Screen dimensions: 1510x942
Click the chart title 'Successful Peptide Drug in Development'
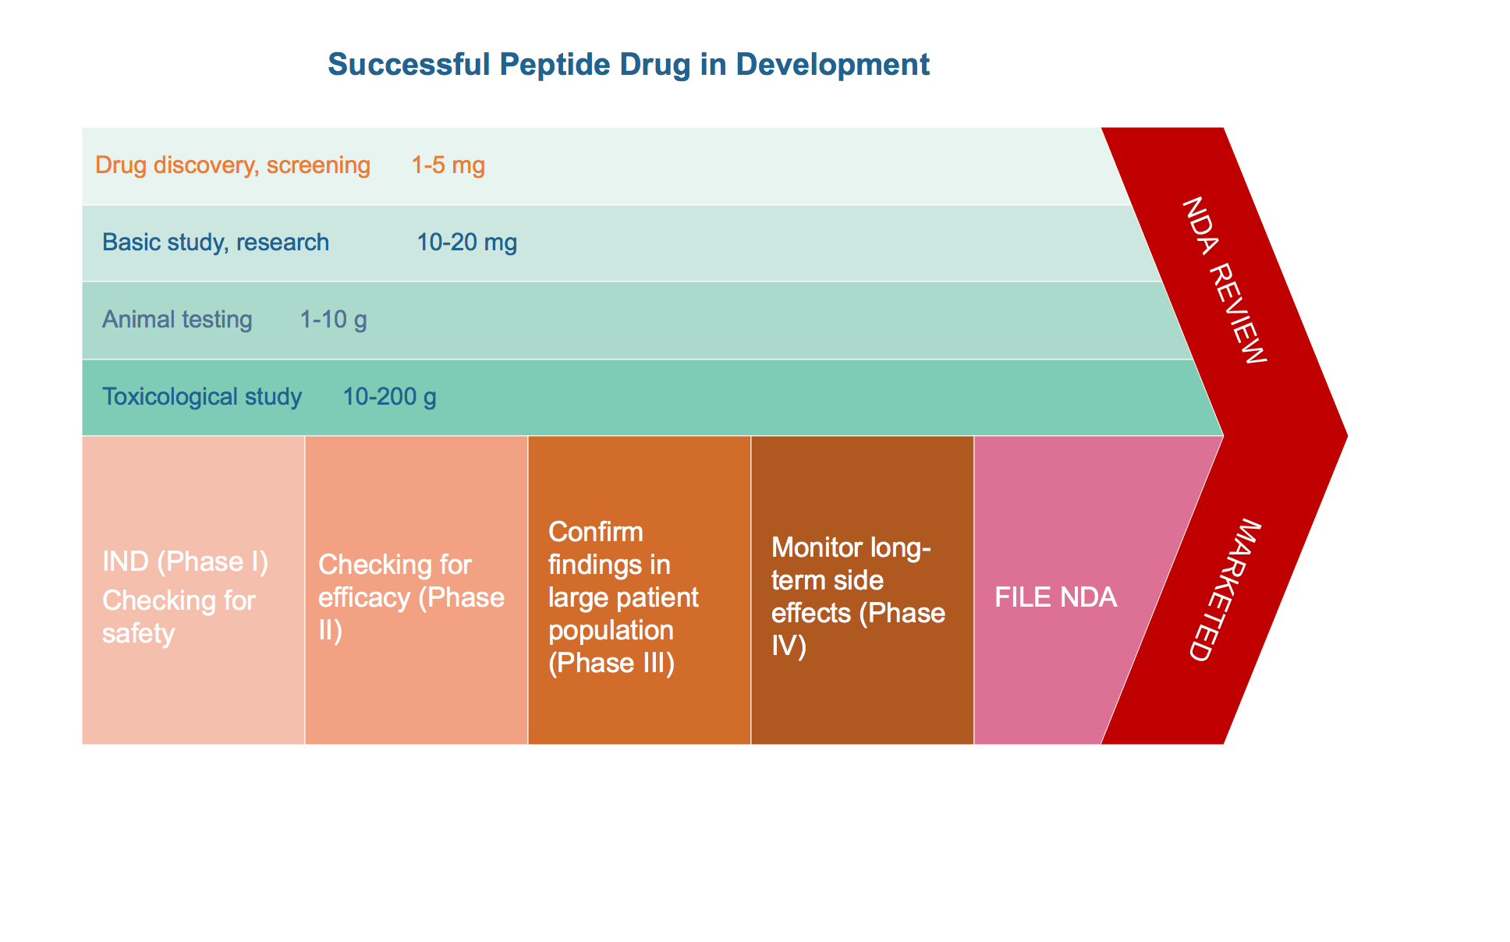pyautogui.click(x=629, y=65)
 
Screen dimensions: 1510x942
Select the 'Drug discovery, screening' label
pyautogui.click(x=232, y=165)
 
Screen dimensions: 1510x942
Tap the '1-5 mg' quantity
pyautogui.click(x=448, y=165)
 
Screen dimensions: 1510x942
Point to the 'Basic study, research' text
pyautogui.click(x=215, y=243)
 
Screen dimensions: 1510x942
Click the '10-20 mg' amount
pyautogui.click(x=467, y=243)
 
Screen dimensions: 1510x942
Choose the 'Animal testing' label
pyautogui.click(x=177, y=320)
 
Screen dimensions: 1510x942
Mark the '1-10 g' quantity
pyautogui.click(x=334, y=320)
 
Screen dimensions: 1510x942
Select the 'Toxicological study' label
pyautogui.click(x=202, y=397)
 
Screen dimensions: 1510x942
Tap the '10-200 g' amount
pyautogui.click(x=390, y=397)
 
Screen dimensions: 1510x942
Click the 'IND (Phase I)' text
pyautogui.click(x=186, y=561)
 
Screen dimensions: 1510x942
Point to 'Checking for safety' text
pyautogui.click(x=179, y=617)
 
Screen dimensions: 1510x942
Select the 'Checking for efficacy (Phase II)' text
pyautogui.click(x=412, y=597)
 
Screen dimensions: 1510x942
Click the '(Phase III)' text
pyautogui.click(x=611, y=663)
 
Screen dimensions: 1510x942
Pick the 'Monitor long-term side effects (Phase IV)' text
pyautogui.click(x=859, y=597)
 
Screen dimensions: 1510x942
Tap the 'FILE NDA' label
pyautogui.click(x=1056, y=597)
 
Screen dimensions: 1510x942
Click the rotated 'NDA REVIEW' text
pyautogui.click(x=1224, y=280)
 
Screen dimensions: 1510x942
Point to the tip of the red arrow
pyautogui.click(x=1347, y=435)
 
